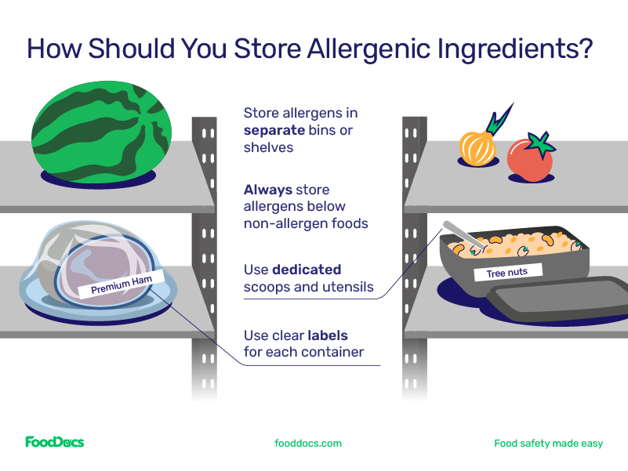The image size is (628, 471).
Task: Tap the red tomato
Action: coord(528,161)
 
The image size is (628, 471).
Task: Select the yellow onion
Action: coord(477,148)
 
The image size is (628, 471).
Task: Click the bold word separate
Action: coord(274,130)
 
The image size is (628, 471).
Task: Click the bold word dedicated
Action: coord(307,270)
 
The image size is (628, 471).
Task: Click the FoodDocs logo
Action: coord(54,443)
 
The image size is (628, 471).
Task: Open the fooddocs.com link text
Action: coord(308,444)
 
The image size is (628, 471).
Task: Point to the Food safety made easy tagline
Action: coord(548,444)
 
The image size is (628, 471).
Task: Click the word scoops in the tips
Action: coord(267,287)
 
